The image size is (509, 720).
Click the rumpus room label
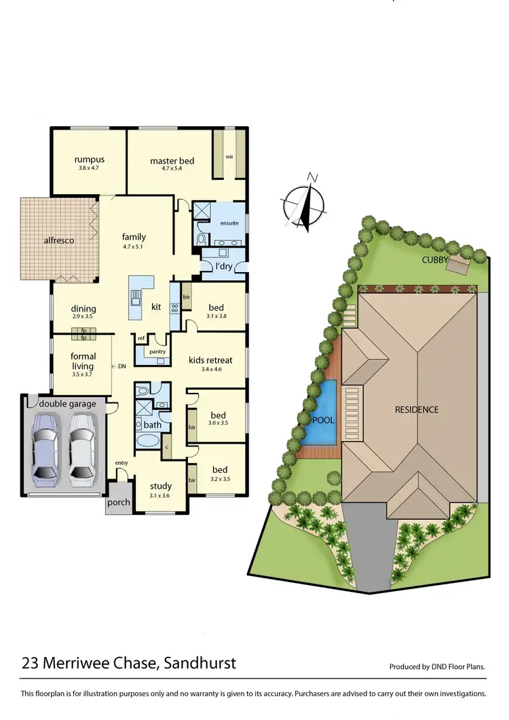click(x=90, y=160)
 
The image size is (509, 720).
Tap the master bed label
click(x=172, y=161)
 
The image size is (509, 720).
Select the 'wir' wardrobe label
click(x=229, y=155)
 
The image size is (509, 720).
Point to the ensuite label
click(x=229, y=223)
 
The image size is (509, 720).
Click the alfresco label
click(x=59, y=240)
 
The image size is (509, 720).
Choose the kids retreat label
click(x=212, y=360)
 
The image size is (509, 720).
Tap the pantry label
click(x=158, y=352)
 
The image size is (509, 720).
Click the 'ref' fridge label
click(x=142, y=337)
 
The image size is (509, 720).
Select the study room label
click(x=161, y=486)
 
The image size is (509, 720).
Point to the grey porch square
click(x=118, y=502)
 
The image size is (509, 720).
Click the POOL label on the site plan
click(x=323, y=420)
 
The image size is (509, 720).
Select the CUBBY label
click(x=434, y=259)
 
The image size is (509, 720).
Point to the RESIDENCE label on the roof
click(x=417, y=409)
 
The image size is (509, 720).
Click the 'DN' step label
click(x=121, y=366)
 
